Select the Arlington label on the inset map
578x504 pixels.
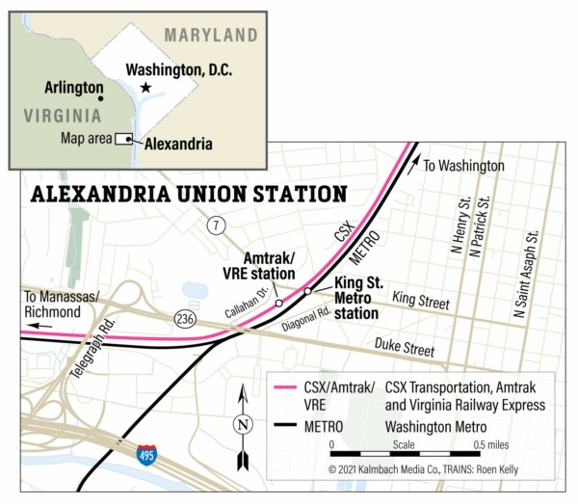74,87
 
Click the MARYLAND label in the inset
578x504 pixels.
210,36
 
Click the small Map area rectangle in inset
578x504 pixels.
123,139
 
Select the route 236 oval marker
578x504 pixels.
187,317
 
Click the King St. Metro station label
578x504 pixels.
360,298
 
